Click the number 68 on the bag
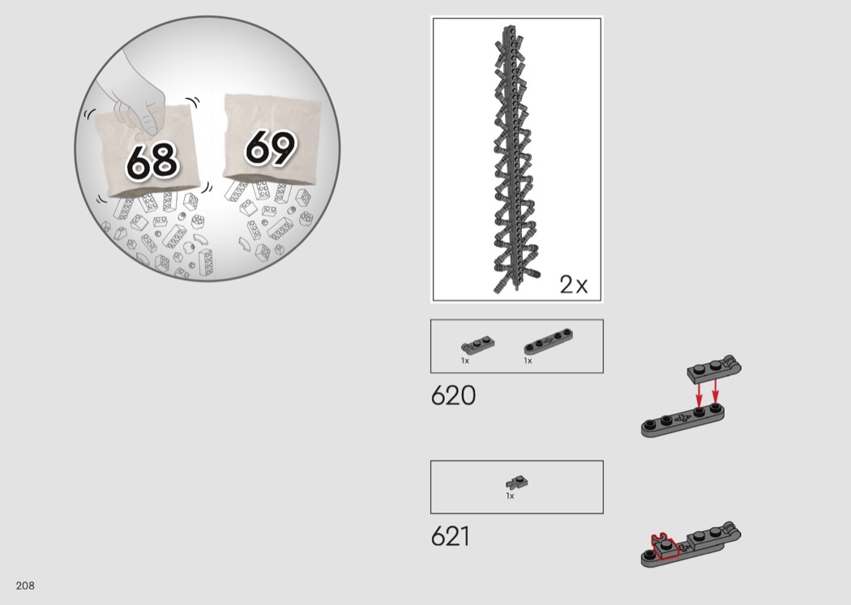pos(152,161)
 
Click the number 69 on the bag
pos(270,147)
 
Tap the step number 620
pos(453,396)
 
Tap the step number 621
pos(451,536)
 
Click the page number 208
pos(25,586)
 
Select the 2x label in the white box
pos(574,284)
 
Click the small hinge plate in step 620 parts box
pos(477,345)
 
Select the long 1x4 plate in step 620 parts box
pos(548,341)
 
